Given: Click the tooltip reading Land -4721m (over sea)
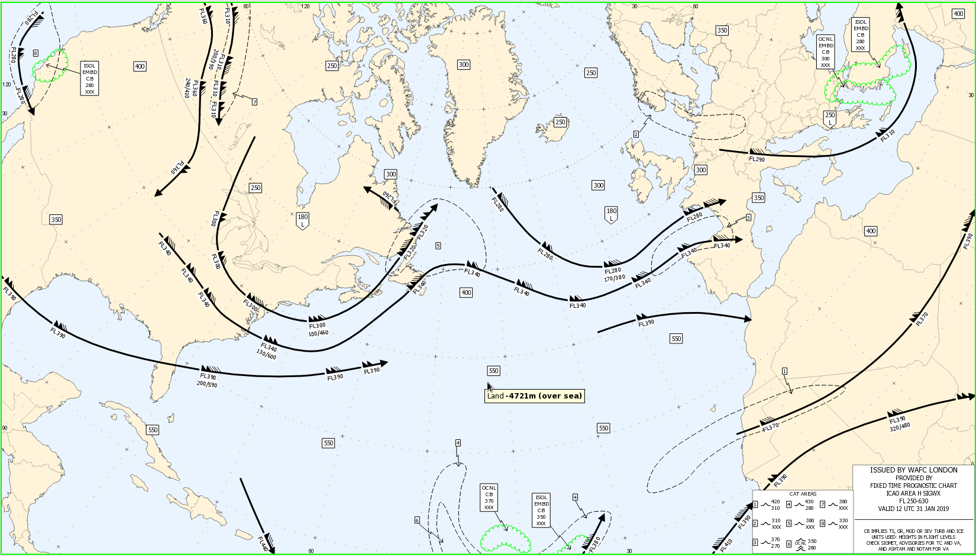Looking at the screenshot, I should tap(534, 396).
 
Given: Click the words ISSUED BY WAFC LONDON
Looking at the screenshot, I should tap(913, 470).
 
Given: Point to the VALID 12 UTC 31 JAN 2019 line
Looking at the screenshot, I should tap(913, 509).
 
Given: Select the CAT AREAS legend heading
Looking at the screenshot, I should tap(803, 494).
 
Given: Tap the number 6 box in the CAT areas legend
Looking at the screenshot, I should tap(789, 544).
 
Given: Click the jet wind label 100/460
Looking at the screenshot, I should tap(318, 333).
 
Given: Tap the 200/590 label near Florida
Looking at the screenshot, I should tap(207, 384).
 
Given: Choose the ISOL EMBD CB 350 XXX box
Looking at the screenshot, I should tap(541, 510).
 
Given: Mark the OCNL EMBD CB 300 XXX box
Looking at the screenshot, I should tap(826, 52).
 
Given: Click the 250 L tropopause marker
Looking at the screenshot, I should tap(830, 118).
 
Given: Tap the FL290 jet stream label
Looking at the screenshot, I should tap(757, 159).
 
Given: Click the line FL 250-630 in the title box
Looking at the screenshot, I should tap(913, 501).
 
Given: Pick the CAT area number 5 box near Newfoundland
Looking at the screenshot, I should tap(438, 245).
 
